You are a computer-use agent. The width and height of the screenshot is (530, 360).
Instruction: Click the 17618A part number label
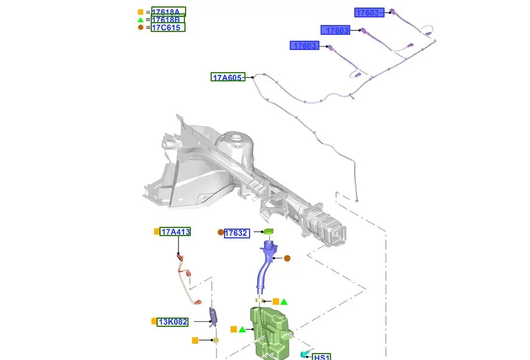(168, 12)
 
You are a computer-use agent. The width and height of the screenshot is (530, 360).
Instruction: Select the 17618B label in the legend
(168, 20)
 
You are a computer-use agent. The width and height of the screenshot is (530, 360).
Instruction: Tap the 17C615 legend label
(168, 27)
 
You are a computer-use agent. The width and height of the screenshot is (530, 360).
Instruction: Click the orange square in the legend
(141, 12)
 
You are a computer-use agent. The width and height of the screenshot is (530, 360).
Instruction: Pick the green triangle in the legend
(141, 20)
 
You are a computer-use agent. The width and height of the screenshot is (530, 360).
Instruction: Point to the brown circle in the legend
(141, 27)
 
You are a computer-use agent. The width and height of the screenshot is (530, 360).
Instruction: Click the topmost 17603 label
(369, 13)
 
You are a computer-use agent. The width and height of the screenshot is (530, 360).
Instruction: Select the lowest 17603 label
(304, 45)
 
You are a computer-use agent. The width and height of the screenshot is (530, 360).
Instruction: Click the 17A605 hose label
(228, 77)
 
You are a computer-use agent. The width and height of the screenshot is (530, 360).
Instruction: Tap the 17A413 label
(175, 231)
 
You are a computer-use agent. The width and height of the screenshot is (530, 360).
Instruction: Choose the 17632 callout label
(237, 233)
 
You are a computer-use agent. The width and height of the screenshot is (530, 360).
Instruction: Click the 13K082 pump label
(173, 322)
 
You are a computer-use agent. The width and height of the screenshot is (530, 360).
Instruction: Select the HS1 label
(322, 357)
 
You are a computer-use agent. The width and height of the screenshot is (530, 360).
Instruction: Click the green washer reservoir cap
(268, 232)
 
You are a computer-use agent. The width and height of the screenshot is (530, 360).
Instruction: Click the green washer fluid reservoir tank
(270, 333)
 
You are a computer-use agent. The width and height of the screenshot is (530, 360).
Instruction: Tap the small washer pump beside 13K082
(213, 318)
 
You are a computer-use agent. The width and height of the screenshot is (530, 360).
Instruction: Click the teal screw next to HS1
(304, 354)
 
